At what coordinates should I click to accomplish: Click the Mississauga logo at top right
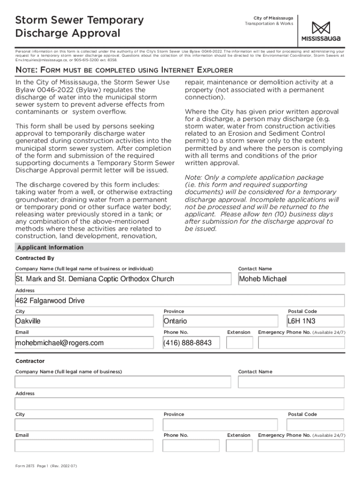[321, 31]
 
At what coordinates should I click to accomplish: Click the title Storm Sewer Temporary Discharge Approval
[79, 27]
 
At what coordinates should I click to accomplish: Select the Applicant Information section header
[50, 247]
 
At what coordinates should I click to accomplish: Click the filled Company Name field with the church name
[123, 279]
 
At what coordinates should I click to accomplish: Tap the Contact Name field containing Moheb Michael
[291, 279]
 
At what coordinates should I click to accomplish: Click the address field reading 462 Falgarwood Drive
[180, 300]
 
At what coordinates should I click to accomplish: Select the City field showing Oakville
[84, 321]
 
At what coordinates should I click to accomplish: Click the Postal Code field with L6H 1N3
[316, 321]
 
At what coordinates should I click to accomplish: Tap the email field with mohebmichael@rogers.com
[84, 343]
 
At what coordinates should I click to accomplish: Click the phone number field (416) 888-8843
[191, 343]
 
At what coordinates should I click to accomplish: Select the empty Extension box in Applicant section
[238, 343]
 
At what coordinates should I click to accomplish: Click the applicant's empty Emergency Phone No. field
[301, 343]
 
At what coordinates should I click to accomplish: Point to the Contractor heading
[30, 361]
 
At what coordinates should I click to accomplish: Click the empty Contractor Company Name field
[123, 382]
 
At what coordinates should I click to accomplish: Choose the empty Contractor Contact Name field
[291, 382]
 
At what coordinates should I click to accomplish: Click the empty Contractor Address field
[180, 404]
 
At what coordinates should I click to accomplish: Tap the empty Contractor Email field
[84, 446]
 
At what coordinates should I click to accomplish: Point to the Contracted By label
[35, 258]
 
